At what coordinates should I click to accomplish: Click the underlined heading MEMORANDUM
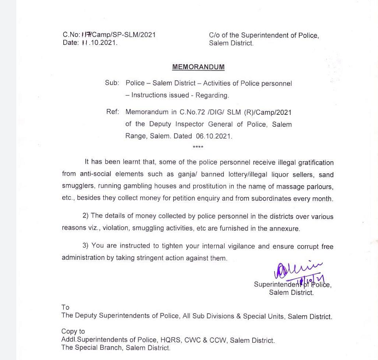coord(198,67)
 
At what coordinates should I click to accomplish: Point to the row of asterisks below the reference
coord(198,148)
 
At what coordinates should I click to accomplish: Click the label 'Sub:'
coord(112,83)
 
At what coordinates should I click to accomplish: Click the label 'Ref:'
coord(113,112)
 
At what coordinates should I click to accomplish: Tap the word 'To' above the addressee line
coord(66,307)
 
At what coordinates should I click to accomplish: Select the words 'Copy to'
coord(73,331)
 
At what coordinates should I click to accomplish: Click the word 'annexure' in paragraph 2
coord(284,228)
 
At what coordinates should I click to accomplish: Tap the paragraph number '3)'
coord(85,246)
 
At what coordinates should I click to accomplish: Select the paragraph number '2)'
coord(85,216)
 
